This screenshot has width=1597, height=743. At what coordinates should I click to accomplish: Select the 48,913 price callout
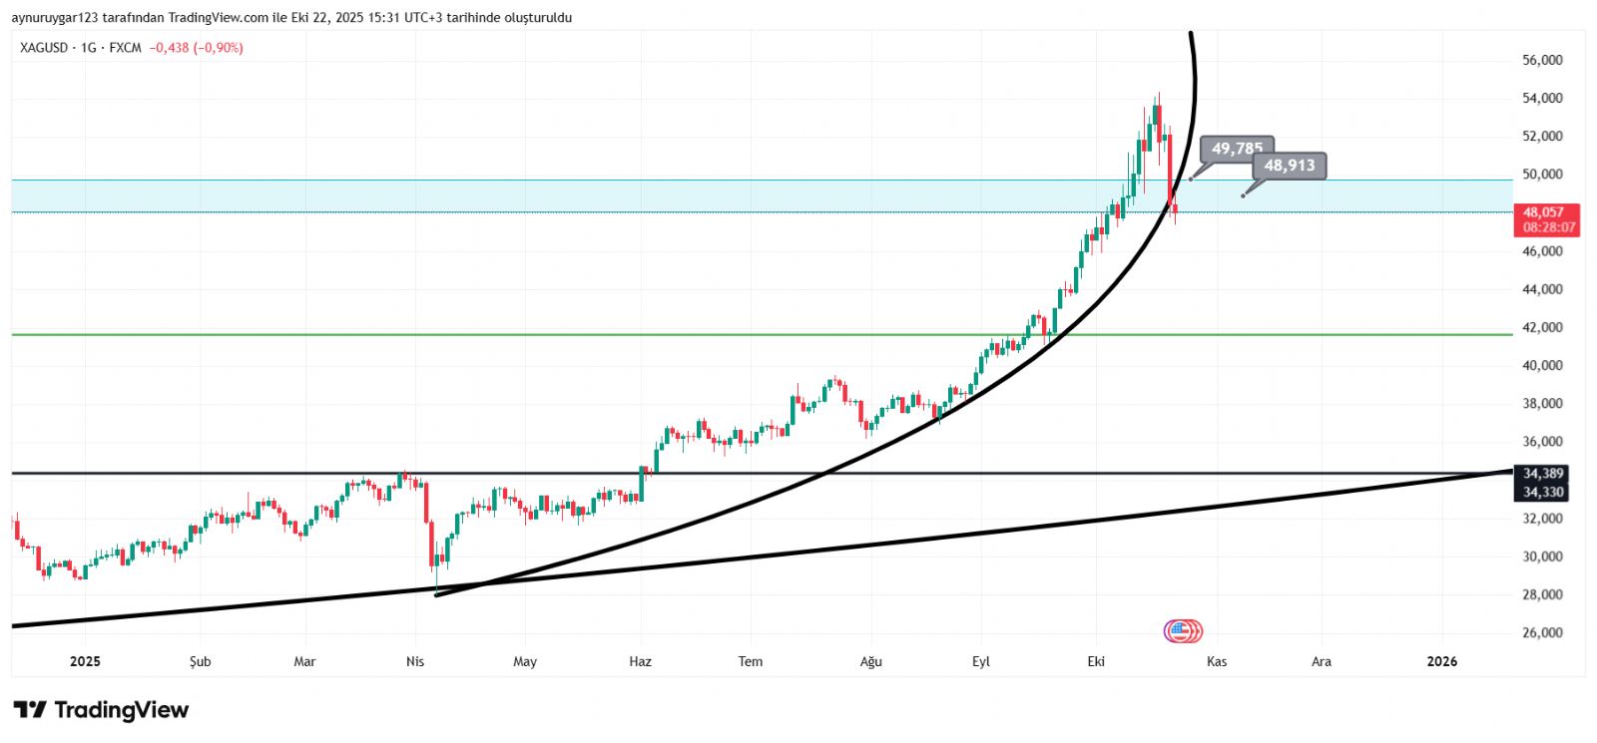(x=1289, y=166)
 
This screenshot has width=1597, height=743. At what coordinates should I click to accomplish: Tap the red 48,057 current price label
(x=1543, y=211)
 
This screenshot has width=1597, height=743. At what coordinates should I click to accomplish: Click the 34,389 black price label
(x=1543, y=473)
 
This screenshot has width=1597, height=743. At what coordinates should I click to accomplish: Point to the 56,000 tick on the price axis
(x=1542, y=60)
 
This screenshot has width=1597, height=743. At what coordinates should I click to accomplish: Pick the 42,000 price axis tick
(x=1542, y=327)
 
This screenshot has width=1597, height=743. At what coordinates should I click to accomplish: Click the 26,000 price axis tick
(x=1542, y=632)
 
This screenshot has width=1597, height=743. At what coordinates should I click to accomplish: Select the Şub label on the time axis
(x=201, y=661)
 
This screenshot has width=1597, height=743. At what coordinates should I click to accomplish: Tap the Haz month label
(x=640, y=661)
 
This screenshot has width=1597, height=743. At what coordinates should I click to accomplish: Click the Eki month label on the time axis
(x=1096, y=661)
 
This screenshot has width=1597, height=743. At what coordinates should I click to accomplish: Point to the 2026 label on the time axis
(x=1441, y=661)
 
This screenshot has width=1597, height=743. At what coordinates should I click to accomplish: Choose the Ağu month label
(x=871, y=661)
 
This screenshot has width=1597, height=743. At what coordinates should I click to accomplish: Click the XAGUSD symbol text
(x=44, y=48)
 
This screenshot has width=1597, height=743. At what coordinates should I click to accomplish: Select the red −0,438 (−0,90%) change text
(x=196, y=48)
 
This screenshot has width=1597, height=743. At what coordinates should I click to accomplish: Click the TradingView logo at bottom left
(x=101, y=710)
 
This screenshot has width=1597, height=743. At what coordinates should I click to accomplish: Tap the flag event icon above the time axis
(x=1183, y=630)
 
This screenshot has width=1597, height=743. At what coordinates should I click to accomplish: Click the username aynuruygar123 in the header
(x=54, y=18)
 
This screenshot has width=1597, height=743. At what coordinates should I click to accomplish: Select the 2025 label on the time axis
(x=85, y=661)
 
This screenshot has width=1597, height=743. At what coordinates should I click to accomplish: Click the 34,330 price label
(x=1543, y=492)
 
